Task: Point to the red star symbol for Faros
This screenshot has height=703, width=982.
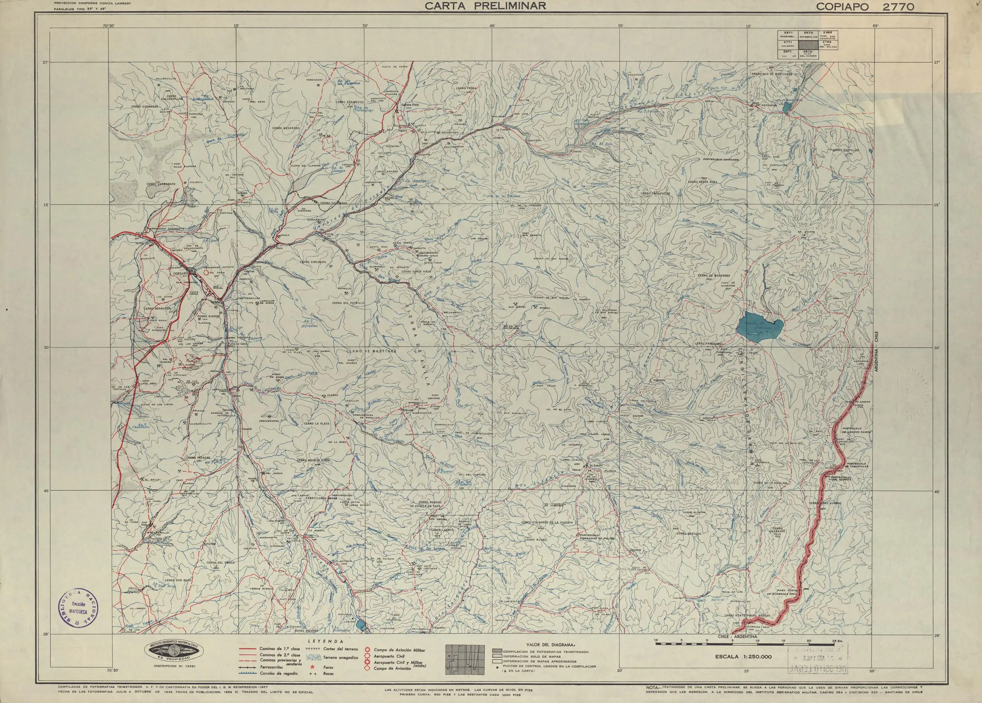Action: click(x=312, y=667)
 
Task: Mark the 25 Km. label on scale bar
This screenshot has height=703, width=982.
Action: click(x=836, y=640)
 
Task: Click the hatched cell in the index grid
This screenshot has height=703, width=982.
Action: click(x=808, y=45)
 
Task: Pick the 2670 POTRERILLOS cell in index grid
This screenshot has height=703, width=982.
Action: click(x=808, y=35)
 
